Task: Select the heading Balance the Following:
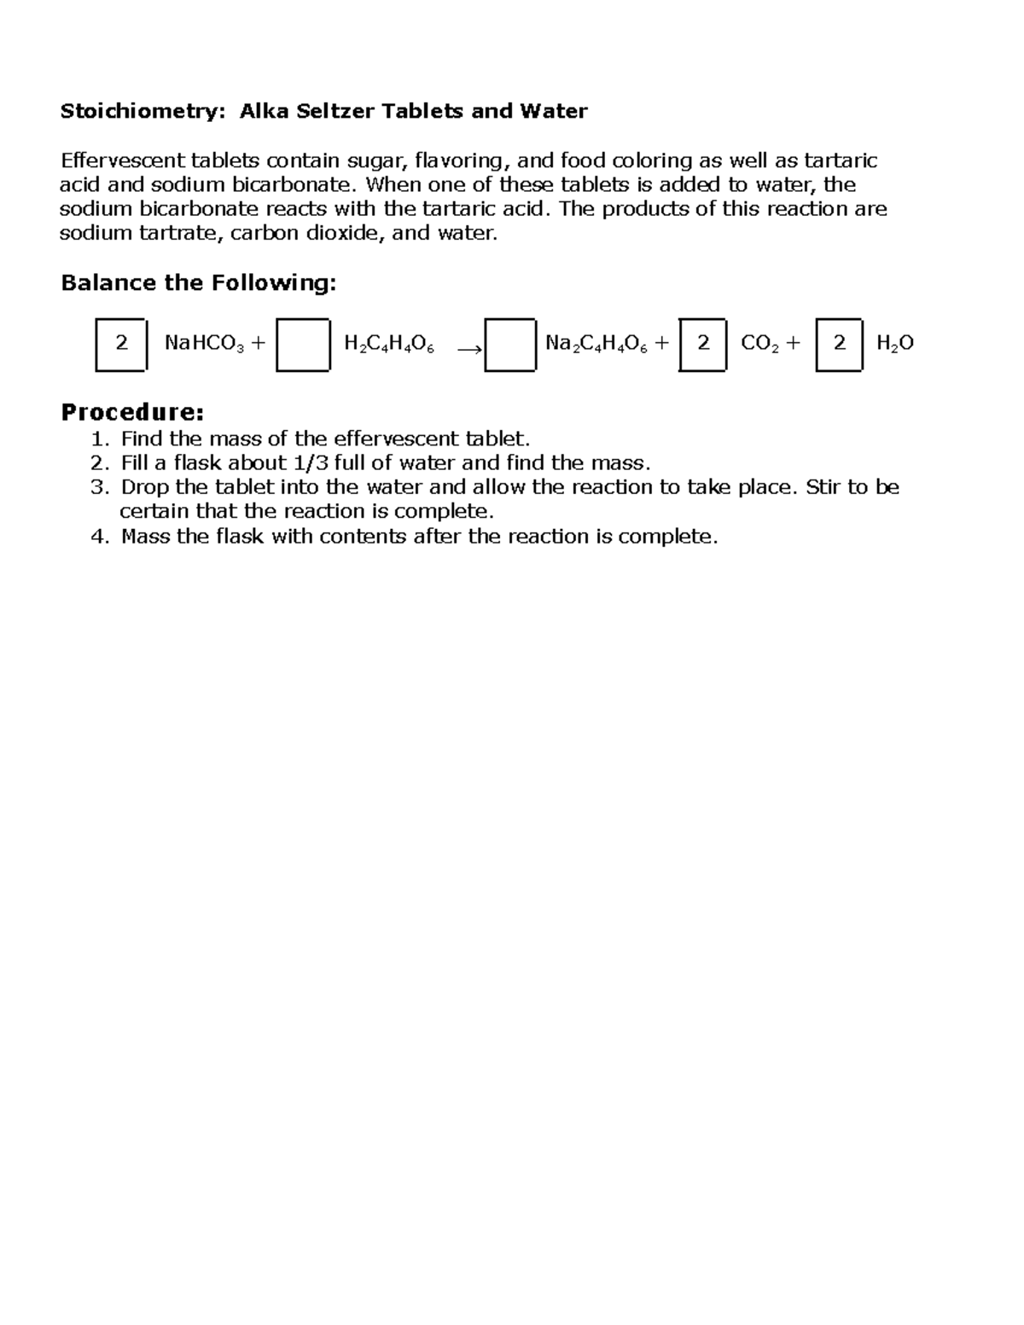199,283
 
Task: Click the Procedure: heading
132,413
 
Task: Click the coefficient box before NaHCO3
121,344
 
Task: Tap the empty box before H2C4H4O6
303,345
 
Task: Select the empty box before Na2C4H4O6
510,345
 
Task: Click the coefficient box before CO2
703,344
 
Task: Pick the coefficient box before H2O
840,344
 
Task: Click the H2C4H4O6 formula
389,344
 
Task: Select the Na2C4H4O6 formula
596,344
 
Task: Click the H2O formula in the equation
895,344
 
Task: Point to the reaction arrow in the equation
468,349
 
